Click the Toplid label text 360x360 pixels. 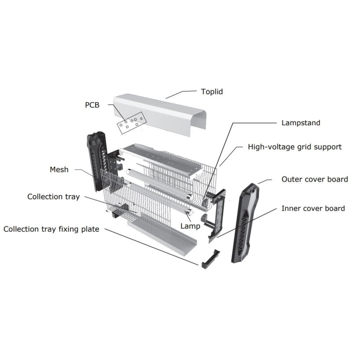click(212, 92)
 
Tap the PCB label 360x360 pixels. click(92, 105)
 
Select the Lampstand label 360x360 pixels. click(301, 123)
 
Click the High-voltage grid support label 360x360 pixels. click(294, 147)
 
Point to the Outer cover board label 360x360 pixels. click(314, 179)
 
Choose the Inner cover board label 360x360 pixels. click(313, 208)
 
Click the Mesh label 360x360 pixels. click(59, 169)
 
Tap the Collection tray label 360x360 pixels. click(53, 196)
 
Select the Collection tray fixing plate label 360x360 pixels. click(51, 229)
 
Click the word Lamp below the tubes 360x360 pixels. click(190, 226)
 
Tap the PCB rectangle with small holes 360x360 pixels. click(130, 122)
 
